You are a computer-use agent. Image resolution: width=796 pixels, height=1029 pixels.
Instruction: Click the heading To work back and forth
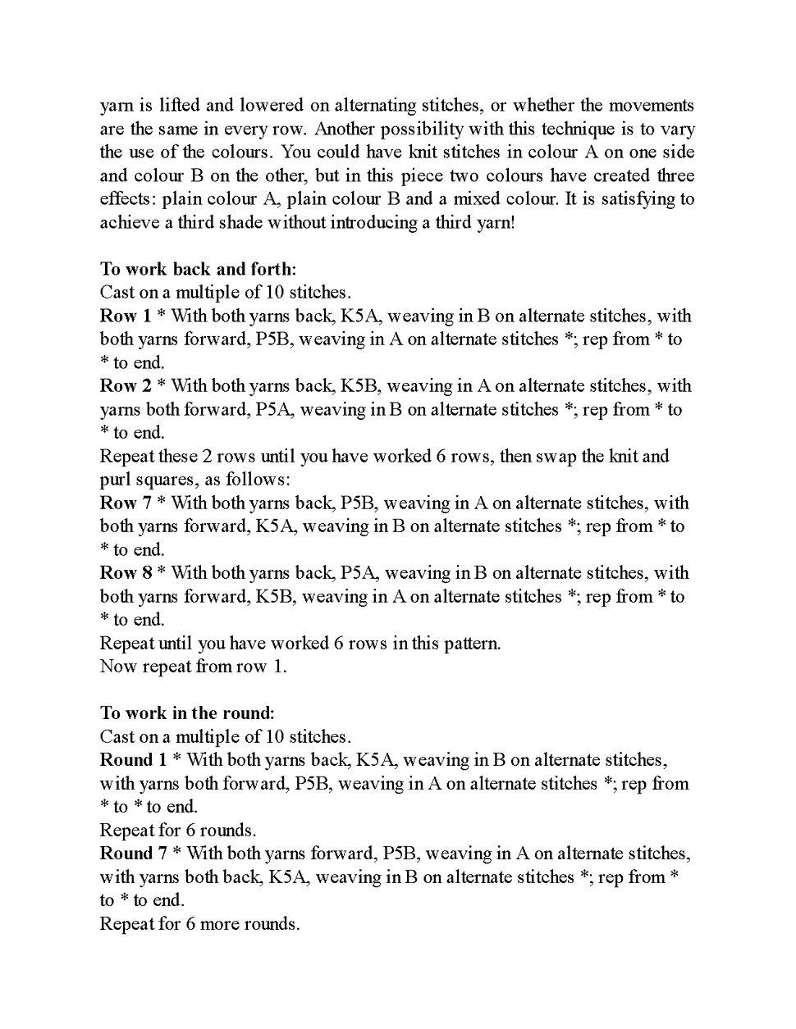pos(198,269)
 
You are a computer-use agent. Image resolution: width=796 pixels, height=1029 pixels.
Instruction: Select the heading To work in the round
pos(187,713)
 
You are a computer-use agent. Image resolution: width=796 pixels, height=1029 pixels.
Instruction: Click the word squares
pos(162,480)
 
